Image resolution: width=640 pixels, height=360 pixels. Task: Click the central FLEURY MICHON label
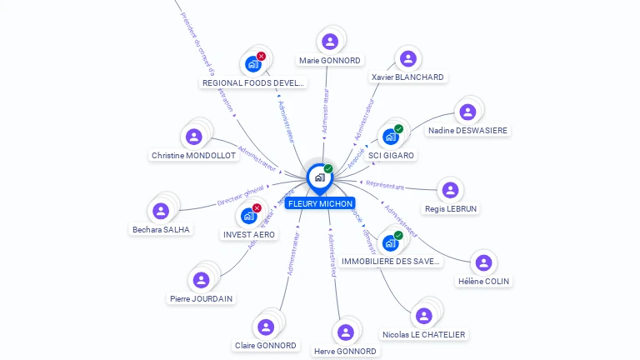click(320, 203)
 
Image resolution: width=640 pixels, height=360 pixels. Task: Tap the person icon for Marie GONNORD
click(330, 42)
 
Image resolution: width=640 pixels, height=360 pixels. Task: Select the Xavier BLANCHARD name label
click(407, 77)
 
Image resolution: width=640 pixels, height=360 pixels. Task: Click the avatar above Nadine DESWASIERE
click(467, 112)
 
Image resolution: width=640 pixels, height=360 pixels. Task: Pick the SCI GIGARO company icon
click(390, 137)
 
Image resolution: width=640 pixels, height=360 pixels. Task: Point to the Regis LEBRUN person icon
click(450, 190)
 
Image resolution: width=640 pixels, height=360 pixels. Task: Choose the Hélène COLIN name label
click(483, 281)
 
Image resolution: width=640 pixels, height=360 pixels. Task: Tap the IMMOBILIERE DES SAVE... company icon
click(390, 242)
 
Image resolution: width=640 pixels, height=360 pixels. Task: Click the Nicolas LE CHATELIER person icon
click(424, 316)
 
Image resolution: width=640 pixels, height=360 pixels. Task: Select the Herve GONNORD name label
click(346, 351)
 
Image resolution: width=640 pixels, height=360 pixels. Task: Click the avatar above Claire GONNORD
click(266, 327)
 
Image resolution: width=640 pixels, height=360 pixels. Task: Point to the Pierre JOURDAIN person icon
click(201, 280)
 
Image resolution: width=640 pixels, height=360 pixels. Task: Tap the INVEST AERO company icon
click(248, 216)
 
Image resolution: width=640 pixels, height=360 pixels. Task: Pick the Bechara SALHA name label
click(161, 229)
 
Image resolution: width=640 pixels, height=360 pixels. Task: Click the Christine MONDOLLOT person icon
click(194, 137)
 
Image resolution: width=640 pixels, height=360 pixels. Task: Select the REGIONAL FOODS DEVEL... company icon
click(253, 64)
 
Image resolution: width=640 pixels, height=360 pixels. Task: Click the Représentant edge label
click(384, 186)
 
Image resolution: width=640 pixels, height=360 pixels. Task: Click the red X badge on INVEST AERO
click(257, 208)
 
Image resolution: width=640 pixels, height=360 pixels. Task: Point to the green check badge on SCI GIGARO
click(398, 129)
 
